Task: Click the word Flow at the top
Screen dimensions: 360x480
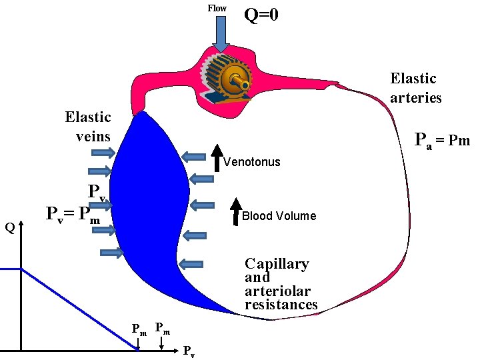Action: coord(217,9)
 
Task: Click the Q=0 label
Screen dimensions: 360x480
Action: coord(261,14)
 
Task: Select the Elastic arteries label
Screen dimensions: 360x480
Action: coord(415,88)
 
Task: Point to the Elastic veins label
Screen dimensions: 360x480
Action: coord(88,127)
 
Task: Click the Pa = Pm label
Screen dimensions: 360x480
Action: coord(442,140)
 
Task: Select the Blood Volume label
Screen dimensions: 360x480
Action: coord(279,216)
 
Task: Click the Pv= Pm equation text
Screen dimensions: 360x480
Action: coord(73,215)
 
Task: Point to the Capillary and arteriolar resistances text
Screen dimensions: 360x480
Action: coord(281,284)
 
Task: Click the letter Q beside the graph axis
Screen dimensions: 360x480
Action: coord(9,228)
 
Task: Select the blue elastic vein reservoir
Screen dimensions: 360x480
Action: coord(150,213)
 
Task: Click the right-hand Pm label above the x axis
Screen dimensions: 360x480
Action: coord(162,328)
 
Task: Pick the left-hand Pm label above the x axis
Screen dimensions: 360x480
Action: coord(139,329)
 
